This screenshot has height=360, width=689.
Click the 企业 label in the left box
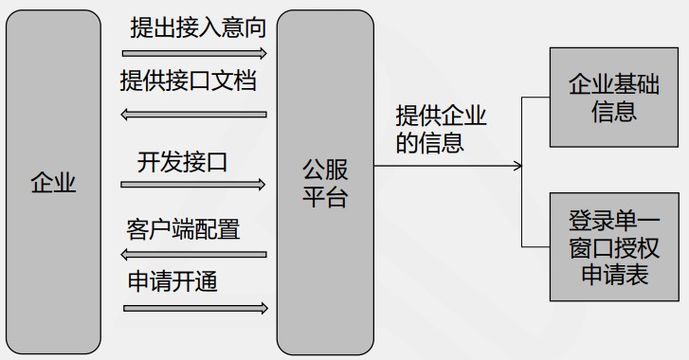[53, 183]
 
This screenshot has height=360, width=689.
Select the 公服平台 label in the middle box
[325, 183]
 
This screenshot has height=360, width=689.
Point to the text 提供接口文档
[189, 81]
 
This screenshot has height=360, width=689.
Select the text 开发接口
[182, 161]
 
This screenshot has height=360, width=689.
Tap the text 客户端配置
[182, 229]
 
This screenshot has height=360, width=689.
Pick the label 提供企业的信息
[441, 129]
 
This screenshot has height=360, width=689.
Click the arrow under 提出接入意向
[195, 54]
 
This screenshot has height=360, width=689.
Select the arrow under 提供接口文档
[195, 115]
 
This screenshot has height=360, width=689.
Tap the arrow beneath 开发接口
[195, 185]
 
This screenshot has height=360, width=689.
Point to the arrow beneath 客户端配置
[195, 254]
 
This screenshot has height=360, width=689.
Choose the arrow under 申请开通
[195, 308]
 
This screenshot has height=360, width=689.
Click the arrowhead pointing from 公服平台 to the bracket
[517, 167]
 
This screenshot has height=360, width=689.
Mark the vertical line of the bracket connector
[523, 171]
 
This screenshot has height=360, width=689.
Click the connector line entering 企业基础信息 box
[536, 97]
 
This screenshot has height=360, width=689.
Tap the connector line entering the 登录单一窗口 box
[536, 245]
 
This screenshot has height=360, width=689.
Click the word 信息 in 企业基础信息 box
[614, 111]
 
